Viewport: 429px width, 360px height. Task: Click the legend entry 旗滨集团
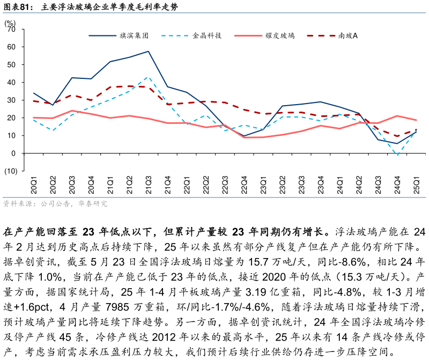tap(134, 36)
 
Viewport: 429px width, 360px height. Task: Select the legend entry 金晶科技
tap(207, 36)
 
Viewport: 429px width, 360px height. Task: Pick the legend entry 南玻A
tap(348, 36)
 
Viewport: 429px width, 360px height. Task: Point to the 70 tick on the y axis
tap(12, 30)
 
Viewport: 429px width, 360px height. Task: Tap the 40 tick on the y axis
tap(12, 83)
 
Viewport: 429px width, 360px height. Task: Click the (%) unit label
tap(10, 23)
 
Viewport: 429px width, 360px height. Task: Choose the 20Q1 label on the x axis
tap(34, 185)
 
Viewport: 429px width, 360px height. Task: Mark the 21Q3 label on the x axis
tap(149, 185)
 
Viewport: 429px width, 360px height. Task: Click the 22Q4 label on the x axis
tap(244, 185)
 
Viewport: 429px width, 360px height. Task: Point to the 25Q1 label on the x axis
tap(416, 185)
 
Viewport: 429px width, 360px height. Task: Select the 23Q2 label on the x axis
tap(282, 185)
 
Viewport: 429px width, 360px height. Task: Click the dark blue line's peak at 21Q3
tap(149, 52)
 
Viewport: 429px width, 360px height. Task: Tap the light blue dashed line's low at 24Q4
tap(397, 156)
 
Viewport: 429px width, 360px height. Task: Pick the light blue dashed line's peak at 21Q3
tap(149, 77)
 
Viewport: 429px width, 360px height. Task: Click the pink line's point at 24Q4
tap(397, 116)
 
